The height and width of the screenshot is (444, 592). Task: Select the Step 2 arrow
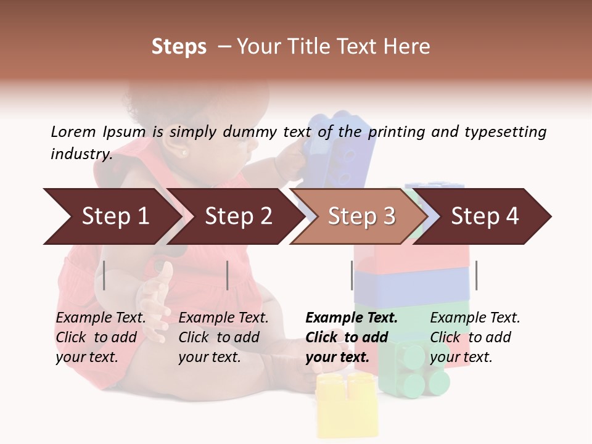click(x=237, y=216)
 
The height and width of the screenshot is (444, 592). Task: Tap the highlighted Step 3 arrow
click(x=361, y=216)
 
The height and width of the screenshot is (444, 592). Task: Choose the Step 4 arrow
click(x=484, y=216)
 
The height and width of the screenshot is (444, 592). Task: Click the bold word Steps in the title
click(x=179, y=47)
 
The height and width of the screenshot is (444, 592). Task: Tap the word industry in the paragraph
click(x=81, y=154)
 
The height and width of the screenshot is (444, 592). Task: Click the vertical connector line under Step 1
click(x=104, y=275)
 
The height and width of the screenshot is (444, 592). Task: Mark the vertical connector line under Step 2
click(x=228, y=275)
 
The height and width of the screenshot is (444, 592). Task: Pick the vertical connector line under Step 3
click(x=352, y=275)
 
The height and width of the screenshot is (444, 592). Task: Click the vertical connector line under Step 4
click(x=476, y=275)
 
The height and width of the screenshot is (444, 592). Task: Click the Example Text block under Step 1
click(x=101, y=337)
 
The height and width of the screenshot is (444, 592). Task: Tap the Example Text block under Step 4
click(x=475, y=337)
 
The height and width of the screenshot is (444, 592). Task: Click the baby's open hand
click(x=157, y=296)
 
